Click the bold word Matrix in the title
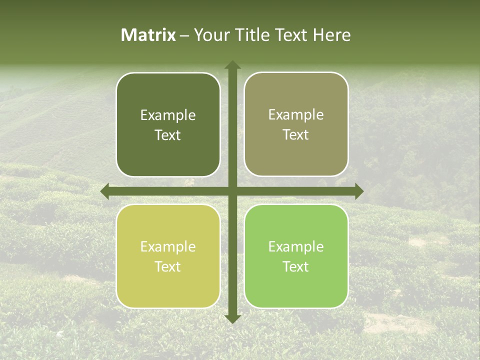coord(148,35)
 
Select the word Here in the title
coord(331,35)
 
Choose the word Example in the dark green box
coord(168,115)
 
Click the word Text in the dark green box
coord(168,135)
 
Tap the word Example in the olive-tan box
coord(296,115)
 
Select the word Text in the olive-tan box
coord(296,135)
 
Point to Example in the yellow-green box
coord(168,247)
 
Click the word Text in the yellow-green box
coord(168,267)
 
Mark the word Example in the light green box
coord(296,247)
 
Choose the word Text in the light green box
coord(296,267)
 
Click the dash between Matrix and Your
coord(184,35)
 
